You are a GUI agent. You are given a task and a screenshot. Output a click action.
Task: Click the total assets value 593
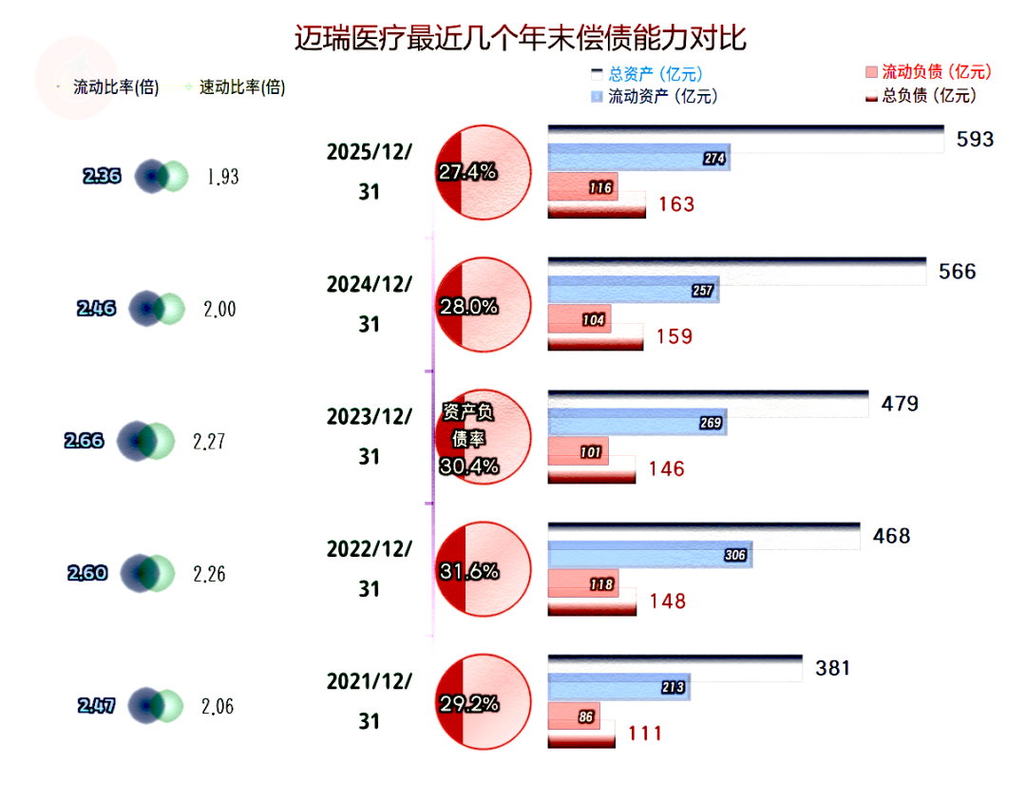pos(975,140)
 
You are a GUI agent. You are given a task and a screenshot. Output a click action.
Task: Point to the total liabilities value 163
pos(675,204)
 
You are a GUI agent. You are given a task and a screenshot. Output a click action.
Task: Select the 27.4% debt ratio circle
pos(480,172)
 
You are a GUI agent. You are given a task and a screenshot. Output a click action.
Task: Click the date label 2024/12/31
pos(370,304)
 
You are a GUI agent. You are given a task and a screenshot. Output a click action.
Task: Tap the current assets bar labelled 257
pos(634,290)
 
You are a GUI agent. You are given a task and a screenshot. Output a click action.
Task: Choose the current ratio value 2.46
pos(96,308)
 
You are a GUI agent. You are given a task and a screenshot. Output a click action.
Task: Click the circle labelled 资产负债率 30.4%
pos(480,437)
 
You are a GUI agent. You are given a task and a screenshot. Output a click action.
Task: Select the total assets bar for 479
pos(708,402)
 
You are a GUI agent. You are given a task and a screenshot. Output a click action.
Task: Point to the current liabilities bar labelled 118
pos(583,583)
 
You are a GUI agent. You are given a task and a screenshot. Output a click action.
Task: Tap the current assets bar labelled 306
pos(650,555)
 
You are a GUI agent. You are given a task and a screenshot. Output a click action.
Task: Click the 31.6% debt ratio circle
pos(480,570)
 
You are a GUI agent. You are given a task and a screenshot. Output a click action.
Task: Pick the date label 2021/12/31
pos(370,701)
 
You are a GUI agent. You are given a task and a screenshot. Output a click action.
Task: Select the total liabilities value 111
pos(643,733)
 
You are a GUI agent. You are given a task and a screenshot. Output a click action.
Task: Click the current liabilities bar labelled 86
pos(573,715)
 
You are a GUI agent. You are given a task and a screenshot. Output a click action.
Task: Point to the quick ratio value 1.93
pos(222,176)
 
